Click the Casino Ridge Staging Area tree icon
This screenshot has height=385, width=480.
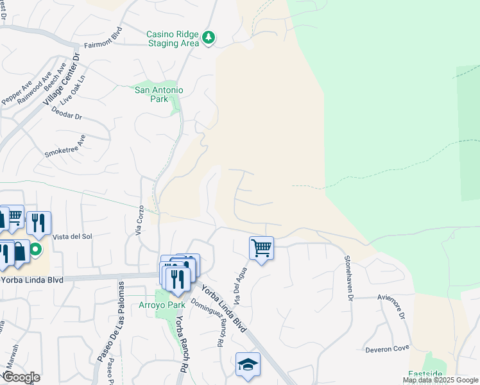(x=209, y=38)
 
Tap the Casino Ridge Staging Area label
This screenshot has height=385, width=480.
(x=173, y=38)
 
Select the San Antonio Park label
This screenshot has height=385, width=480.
(x=159, y=94)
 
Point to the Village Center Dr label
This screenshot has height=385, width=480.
(x=62, y=80)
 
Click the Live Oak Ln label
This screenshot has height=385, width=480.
(x=73, y=94)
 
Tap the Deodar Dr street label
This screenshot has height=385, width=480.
(x=70, y=117)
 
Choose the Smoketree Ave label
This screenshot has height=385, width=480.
(x=65, y=147)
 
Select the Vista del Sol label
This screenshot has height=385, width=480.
(x=73, y=237)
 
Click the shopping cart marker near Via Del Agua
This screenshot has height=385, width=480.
(x=261, y=248)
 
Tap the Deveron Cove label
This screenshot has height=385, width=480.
(x=387, y=349)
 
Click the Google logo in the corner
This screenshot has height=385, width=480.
(x=21, y=377)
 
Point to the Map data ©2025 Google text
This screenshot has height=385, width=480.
(x=440, y=381)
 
